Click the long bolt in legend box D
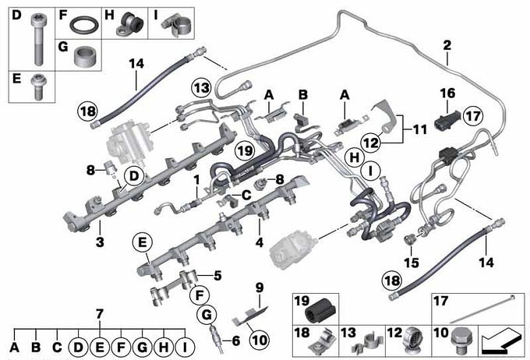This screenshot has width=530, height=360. coord(38,40)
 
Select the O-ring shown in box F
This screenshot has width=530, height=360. coord(84,26)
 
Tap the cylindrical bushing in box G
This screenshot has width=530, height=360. coord(86,55)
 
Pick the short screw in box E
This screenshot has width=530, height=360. coord(38,86)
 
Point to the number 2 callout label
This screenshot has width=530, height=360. coord(447,45)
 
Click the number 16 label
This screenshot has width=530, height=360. coord(447,93)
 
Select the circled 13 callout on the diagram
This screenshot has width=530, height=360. coord(201,88)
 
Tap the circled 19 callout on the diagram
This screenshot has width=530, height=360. coord(245,150)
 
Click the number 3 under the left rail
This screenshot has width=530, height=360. coord(100,242)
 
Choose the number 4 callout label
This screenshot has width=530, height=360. coord(259,242)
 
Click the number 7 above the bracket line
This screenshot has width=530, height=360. coord(99,314)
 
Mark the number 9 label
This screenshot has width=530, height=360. coord(260,288)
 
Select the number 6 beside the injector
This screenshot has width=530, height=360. coord(235,341)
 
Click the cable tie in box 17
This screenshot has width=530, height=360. coord(481,310)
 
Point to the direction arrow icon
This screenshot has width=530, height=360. coord(502,342)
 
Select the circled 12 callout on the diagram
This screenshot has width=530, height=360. coord(371,143)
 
